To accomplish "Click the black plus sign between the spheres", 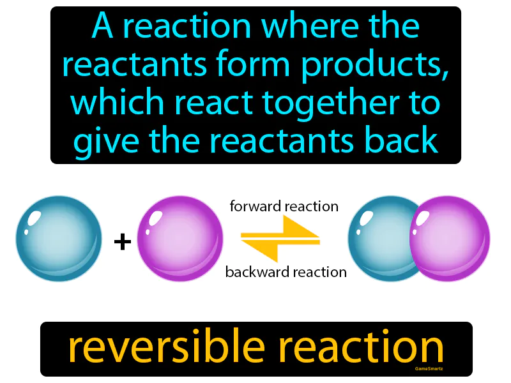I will pyautogui.click(x=122, y=241).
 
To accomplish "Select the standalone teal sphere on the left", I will pyautogui.click(x=59, y=239).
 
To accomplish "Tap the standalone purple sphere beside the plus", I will pyautogui.click(x=180, y=239).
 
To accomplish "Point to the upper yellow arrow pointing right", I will pyautogui.click(x=281, y=229).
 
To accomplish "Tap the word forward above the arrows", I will pyautogui.click(x=254, y=206).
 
